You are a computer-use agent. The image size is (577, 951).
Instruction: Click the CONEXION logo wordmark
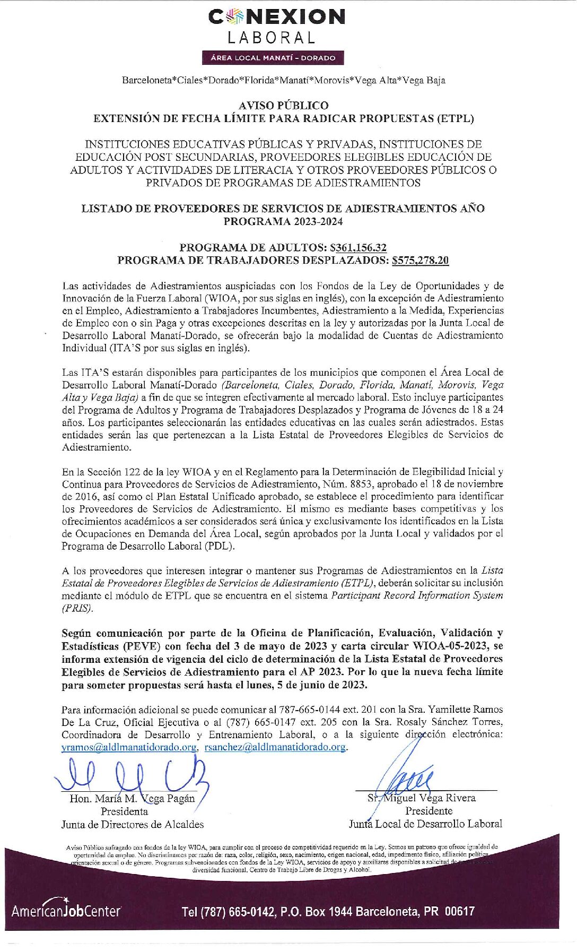click(x=276, y=17)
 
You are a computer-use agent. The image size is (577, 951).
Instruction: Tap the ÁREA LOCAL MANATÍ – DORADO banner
click(x=273, y=58)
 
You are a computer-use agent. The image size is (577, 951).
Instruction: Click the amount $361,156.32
click(x=358, y=247)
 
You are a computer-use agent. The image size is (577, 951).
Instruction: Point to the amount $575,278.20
click(x=420, y=260)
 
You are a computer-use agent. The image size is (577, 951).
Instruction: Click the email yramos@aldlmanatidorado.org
click(x=129, y=747)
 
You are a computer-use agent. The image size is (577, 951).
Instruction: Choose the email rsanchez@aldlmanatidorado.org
click(x=275, y=747)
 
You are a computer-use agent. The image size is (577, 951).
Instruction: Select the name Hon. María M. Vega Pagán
click(x=132, y=798)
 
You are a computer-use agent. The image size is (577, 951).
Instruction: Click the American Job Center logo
click(x=66, y=910)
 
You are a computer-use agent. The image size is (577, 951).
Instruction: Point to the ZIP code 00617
click(x=459, y=911)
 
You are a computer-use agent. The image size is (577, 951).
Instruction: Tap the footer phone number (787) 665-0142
click(x=228, y=912)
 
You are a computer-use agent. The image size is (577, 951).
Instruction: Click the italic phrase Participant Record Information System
click(x=417, y=595)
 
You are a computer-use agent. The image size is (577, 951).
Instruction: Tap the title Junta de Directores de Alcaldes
click(x=133, y=824)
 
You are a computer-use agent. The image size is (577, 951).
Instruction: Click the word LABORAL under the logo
click(x=272, y=38)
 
